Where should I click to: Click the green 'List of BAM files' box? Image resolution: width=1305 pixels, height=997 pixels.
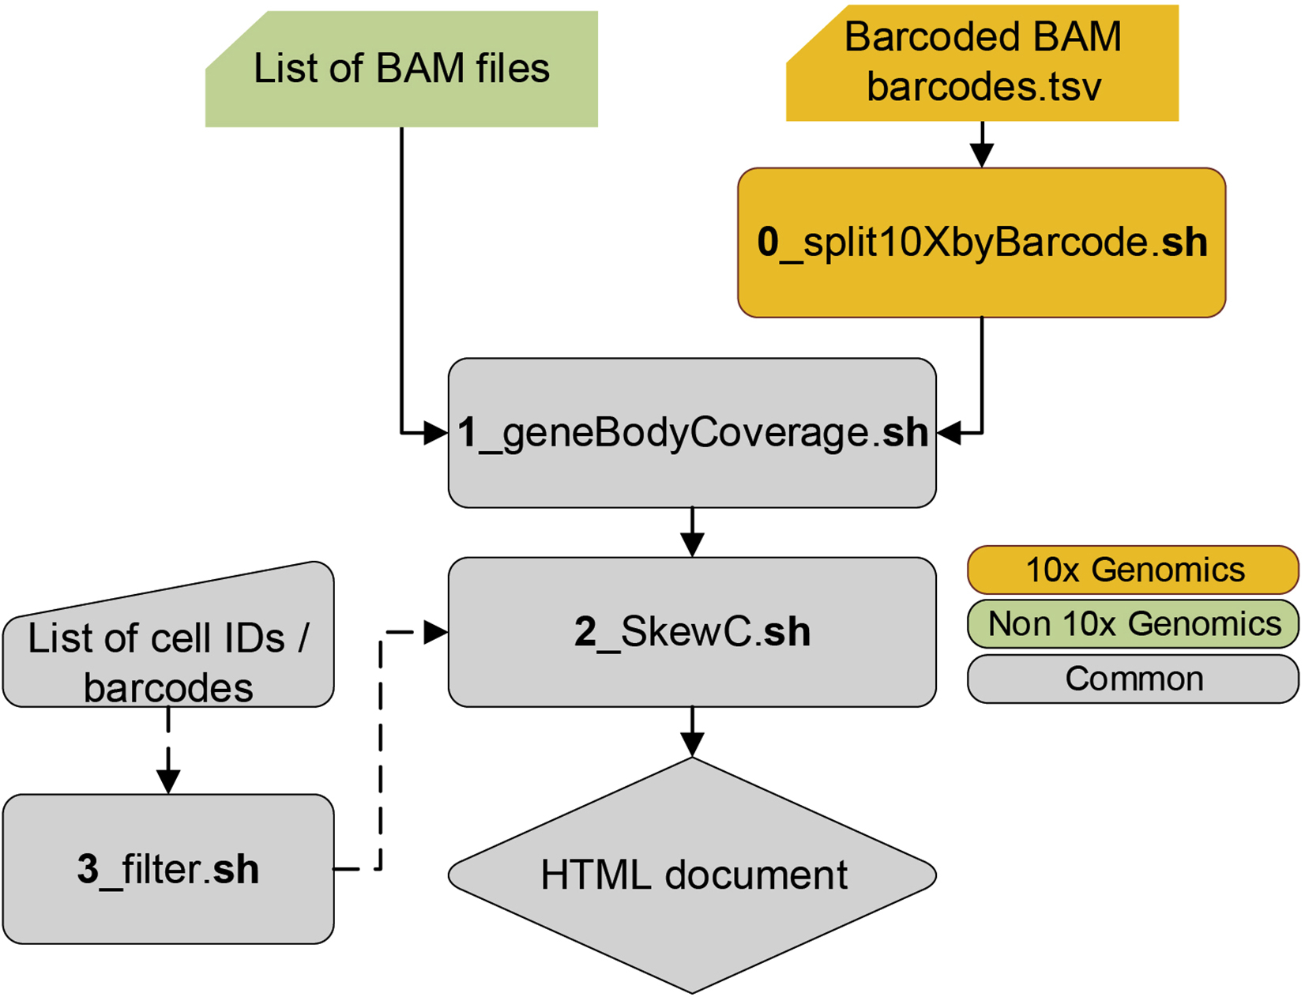coord(401,70)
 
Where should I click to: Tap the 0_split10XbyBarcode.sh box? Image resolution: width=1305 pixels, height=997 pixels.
coord(981,243)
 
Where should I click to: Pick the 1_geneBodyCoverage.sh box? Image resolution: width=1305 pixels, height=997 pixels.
coord(692,433)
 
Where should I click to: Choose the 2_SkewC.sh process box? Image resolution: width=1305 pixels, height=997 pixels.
coord(692,632)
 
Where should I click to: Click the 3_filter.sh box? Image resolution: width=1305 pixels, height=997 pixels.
coord(168,869)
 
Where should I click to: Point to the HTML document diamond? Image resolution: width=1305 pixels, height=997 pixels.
coord(692,875)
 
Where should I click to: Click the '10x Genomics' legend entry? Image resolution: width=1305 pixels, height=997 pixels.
coord(1133,570)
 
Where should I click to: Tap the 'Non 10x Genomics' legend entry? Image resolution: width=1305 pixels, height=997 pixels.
coord(1133,624)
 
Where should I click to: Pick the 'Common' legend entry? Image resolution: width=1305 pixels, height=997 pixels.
coord(1133,679)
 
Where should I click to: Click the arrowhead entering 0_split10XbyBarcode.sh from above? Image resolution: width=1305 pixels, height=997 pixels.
coord(981,156)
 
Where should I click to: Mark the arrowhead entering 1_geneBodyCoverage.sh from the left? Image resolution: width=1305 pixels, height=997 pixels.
coord(435,433)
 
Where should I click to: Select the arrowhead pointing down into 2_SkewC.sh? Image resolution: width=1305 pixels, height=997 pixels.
coord(692,545)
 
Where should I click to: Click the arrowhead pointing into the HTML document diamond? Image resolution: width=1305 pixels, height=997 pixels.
coord(692,745)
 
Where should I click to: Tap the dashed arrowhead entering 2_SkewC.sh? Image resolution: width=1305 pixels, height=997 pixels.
coord(435,632)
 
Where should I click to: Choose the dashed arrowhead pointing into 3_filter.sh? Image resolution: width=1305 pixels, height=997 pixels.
coord(168,781)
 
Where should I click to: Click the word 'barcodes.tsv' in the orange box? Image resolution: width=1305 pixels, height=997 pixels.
coord(983,87)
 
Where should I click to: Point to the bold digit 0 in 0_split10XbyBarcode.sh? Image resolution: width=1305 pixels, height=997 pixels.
coord(768,242)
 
